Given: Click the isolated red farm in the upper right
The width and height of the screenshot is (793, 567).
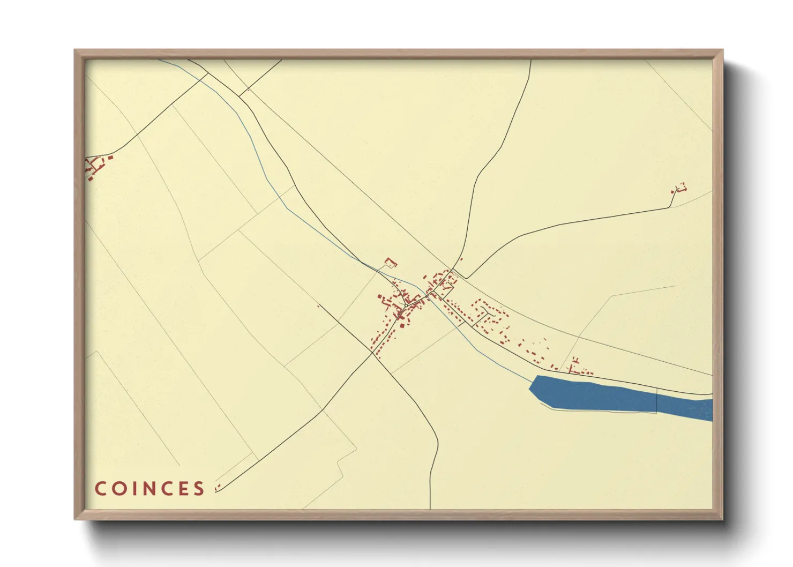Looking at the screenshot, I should click(679, 188).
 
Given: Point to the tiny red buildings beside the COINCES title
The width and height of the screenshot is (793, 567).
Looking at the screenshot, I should click(217, 488).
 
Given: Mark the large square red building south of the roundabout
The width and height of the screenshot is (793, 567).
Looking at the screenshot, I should click(401, 325).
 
